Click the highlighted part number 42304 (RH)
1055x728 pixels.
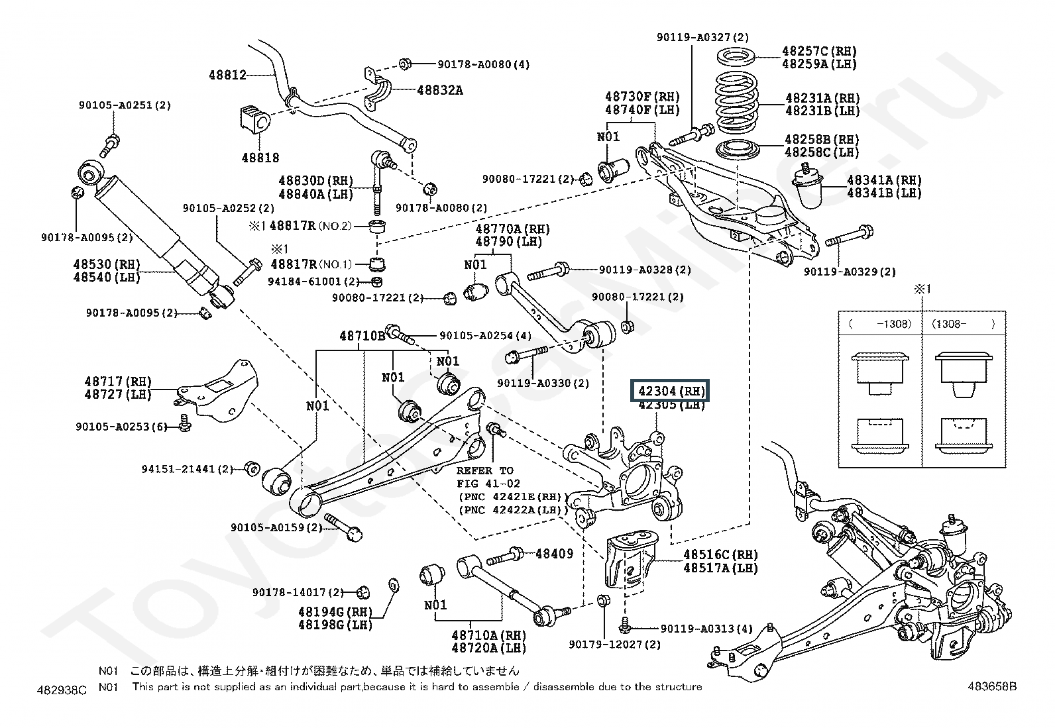click(671, 391)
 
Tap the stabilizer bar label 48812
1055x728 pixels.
click(228, 76)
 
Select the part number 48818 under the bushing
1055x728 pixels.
click(260, 158)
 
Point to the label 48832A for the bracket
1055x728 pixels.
click(439, 90)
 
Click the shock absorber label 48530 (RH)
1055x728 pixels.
click(107, 264)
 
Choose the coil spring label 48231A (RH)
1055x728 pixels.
click(822, 97)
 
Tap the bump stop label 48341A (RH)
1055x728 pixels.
click(884, 180)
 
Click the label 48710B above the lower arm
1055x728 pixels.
click(362, 336)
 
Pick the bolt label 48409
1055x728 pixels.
click(554, 553)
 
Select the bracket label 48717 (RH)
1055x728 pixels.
click(118, 382)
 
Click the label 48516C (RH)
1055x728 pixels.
click(720, 554)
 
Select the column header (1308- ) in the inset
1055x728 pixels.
click(963, 324)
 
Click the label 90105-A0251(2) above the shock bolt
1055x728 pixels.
click(125, 105)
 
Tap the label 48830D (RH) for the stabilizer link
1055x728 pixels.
click(315, 181)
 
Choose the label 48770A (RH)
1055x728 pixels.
click(512, 229)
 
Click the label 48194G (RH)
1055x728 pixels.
click(335, 611)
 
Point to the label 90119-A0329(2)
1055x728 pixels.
click(850, 272)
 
